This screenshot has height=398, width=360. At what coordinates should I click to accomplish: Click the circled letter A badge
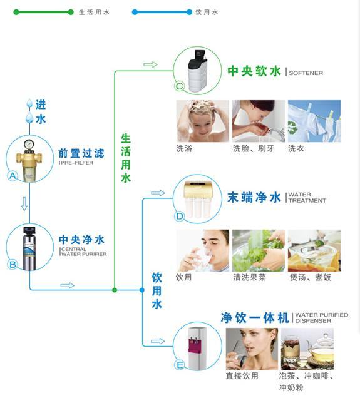(x=13, y=176)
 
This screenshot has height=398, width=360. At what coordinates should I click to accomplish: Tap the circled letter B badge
(x=13, y=265)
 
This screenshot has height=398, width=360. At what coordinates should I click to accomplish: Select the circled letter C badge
(x=179, y=86)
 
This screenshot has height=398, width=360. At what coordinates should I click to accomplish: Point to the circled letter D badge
(x=179, y=217)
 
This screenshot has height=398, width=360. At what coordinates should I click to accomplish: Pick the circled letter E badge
(x=180, y=365)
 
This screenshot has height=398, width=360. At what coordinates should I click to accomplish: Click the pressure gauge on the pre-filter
(x=29, y=144)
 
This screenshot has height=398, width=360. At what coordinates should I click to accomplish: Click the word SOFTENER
(x=306, y=73)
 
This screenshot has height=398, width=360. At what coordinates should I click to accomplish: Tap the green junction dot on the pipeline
(x=115, y=290)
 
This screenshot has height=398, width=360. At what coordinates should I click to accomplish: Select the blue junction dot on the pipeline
(x=142, y=290)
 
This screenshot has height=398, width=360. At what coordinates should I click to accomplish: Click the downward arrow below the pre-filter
(x=24, y=203)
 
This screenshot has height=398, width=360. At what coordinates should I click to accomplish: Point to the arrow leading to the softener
(x=150, y=64)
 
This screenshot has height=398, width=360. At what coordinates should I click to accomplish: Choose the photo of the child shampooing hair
(x=203, y=121)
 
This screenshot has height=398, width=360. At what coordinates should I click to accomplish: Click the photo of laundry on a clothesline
(x=314, y=121)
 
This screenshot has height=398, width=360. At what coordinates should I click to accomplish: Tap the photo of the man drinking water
(x=203, y=250)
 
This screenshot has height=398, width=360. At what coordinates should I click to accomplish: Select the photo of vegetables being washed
(x=259, y=250)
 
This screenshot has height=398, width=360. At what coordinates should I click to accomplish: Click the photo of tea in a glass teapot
(x=307, y=349)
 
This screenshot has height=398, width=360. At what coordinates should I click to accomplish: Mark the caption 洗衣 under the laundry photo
(x=296, y=148)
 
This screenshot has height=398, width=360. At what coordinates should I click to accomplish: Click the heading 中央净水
(x=81, y=239)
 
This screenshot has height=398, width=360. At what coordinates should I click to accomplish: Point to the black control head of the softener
(x=199, y=57)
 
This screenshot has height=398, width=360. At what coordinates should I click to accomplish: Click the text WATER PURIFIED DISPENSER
(x=322, y=318)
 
